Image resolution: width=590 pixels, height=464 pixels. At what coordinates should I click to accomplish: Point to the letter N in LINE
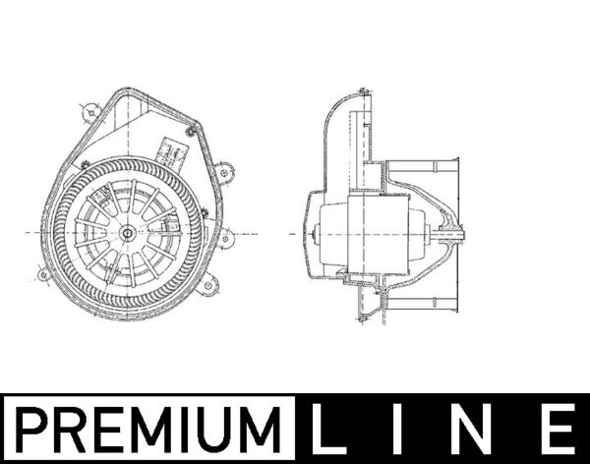[x=478, y=430]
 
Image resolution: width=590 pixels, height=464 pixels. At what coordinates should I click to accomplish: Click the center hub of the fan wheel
[x=128, y=233]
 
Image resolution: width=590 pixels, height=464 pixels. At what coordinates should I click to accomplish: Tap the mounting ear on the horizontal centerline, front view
[x=225, y=236]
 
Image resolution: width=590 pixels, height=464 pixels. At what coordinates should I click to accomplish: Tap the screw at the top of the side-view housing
[x=364, y=93]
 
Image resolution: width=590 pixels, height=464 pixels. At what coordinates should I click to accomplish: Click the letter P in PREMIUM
[x=34, y=430]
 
